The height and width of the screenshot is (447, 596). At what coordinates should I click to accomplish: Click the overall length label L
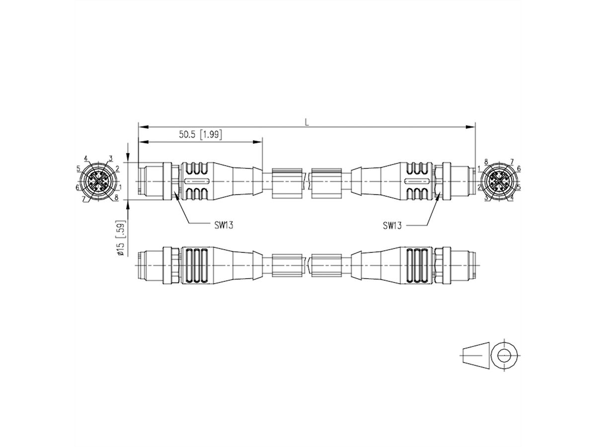click(x=307, y=121)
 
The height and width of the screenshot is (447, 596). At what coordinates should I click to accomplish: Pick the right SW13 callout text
click(x=392, y=225)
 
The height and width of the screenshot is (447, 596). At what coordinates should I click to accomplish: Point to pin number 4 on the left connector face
click(x=86, y=158)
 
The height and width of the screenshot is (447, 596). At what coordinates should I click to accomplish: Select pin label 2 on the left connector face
click(x=117, y=168)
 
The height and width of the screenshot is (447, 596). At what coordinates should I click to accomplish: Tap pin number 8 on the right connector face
click(x=486, y=161)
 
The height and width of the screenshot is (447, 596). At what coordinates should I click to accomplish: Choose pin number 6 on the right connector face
click(x=519, y=168)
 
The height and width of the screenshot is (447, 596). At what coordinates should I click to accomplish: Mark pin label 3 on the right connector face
click(x=486, y=197)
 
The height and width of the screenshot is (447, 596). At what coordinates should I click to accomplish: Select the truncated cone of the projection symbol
click(x=474, y=355)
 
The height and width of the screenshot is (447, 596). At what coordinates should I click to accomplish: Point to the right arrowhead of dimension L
click(x=472, y=127)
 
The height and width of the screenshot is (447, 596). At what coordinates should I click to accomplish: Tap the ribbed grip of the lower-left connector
click(x=194, y=266)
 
